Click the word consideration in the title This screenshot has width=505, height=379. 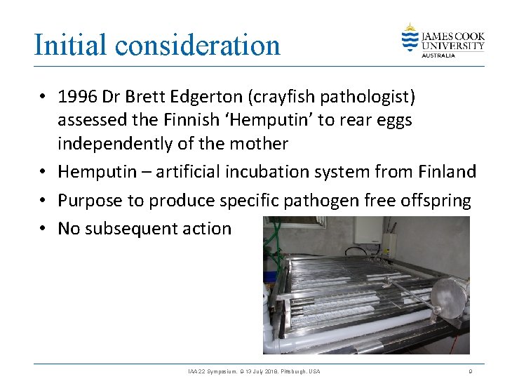(198, 45)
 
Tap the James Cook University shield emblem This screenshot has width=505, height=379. (410, 38)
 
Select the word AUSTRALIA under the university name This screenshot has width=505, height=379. (438, 55)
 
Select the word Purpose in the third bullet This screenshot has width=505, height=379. (86, 201)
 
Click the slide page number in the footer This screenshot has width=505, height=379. (471, 371)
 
